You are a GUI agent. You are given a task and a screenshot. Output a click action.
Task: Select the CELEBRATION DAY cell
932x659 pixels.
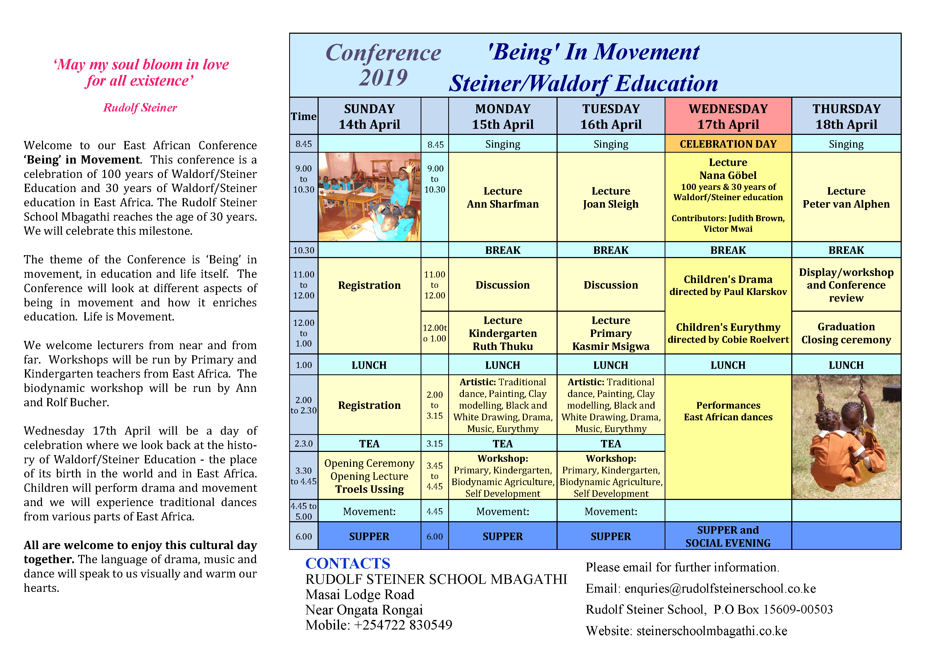728,144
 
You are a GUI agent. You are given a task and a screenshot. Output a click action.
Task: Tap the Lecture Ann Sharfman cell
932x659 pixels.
503,198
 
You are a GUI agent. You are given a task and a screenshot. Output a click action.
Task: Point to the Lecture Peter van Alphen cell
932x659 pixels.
846,198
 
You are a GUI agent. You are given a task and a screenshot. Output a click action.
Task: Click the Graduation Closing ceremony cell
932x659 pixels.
846,333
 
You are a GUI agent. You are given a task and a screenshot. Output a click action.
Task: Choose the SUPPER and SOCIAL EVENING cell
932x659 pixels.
728,536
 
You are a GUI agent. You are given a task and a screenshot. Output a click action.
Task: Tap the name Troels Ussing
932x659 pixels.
369,489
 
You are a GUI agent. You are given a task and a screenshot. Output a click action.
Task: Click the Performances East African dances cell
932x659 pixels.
728,411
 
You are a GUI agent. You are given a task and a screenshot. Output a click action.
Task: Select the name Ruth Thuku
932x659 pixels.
503,346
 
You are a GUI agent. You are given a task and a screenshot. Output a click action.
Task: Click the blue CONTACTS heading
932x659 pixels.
348,563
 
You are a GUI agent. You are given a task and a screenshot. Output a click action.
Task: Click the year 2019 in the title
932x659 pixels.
383,78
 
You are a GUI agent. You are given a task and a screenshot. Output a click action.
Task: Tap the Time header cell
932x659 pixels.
303,117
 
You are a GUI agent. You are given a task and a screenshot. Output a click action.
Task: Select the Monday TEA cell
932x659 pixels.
503,443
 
